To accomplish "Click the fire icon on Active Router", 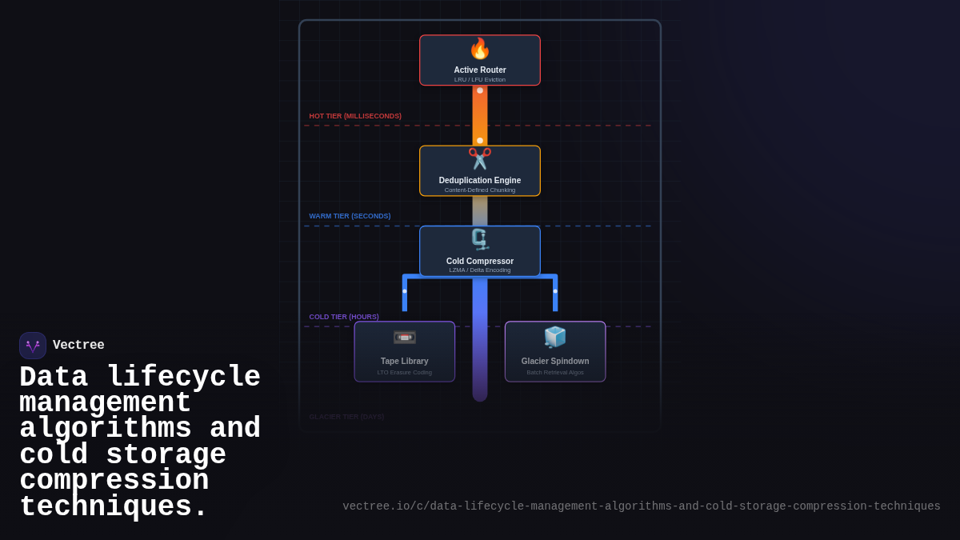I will tap(479, 49).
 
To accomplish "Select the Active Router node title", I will tap(480, 70).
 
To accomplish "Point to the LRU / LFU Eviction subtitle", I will tap(480, 79).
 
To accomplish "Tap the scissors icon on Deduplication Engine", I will tap(479, 158).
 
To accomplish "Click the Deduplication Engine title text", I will tap(480, 180).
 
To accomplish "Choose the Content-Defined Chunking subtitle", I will tap(480, 190).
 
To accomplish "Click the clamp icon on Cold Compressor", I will tap(479, 239).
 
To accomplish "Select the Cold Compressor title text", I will tap(480, 261).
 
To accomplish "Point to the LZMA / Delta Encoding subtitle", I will tap(480, 270).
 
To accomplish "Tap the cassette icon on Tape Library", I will tap(405, 337).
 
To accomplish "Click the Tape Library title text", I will tap(405, 361).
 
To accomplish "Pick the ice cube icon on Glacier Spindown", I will tap(555, 337).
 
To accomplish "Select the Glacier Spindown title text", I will tap(555, 361).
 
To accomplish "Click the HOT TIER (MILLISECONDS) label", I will tap(355, 116).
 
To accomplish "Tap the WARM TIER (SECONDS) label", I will tap(350, 216).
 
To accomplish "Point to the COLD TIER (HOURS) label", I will tap(344, 317).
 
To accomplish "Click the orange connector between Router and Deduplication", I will tap(480, 115).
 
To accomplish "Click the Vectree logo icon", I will tap(33, 346).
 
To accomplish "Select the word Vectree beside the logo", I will tap(78, 346).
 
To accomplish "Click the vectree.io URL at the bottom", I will tap(642, 506).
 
